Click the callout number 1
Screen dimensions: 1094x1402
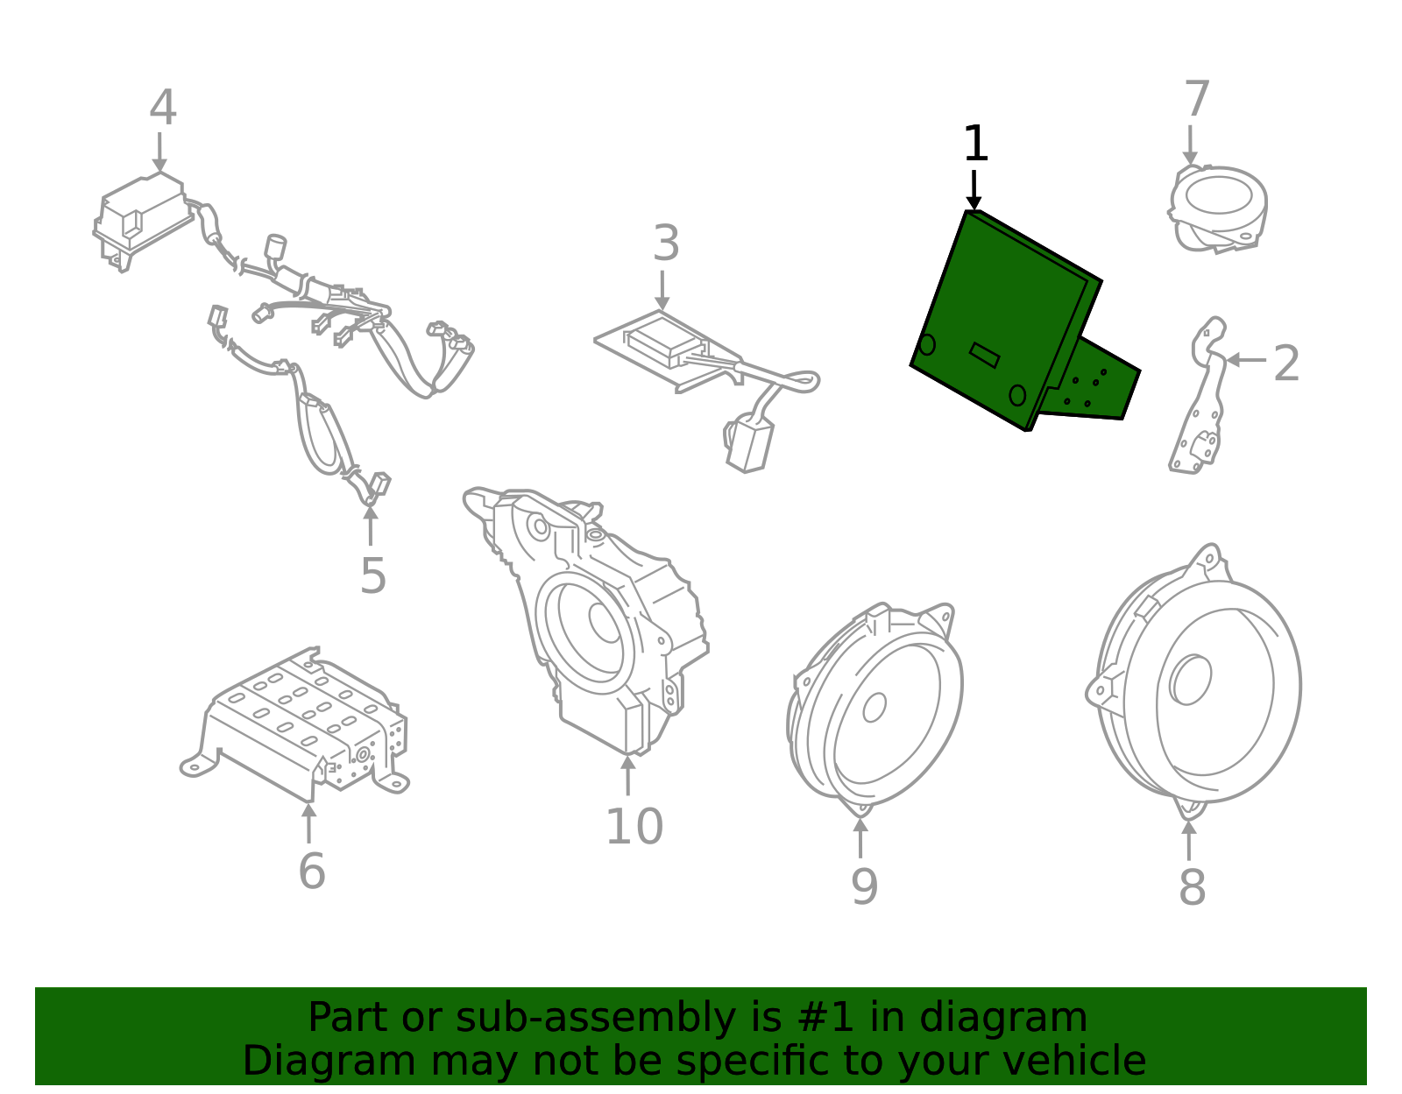click(x=974, y=145)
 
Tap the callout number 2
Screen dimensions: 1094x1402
click(x=1285, y=363)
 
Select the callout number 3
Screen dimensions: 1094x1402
click(x=666, y=244)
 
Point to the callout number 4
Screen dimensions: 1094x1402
click(x=163, y=109)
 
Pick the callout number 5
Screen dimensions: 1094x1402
click(x=372, y=576)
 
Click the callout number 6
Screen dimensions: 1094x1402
click(x=311, y=872)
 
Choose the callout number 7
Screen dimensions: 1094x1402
click(x=1196, y=100)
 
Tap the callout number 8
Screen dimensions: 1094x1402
click(x=1192, y=886)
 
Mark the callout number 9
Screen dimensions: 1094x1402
click(x=863, y=886)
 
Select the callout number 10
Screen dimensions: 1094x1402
click(x=634, y=827)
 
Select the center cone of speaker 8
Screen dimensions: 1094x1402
click(x=1192, y=680)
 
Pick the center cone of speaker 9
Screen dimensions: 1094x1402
click(x=874, y=707)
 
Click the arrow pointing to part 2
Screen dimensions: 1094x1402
click(x=1244, y=360)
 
